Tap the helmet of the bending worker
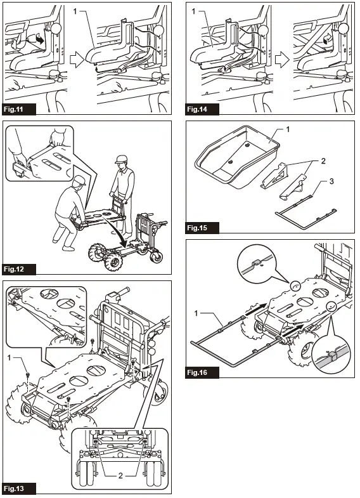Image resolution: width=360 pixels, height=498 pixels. click(79, 182)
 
